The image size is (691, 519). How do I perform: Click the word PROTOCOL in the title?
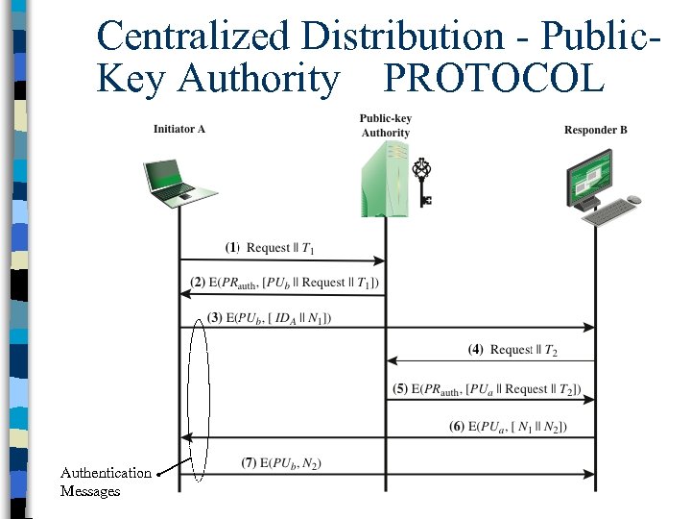494,78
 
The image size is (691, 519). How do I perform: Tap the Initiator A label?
179,130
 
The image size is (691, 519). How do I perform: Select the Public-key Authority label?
386,126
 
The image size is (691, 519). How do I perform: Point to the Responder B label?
595,130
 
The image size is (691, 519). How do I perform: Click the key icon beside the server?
421,183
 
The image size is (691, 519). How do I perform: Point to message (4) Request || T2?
512,350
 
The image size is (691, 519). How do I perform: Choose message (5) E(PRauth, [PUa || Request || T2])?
487,389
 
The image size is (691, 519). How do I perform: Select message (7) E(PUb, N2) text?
281,463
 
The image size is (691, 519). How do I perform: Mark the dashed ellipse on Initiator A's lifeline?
199,399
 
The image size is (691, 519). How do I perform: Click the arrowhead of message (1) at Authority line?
380,260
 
